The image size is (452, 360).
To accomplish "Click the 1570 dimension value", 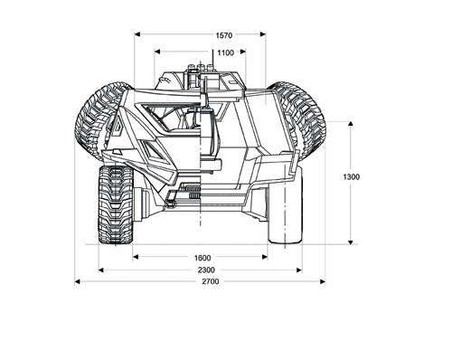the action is point(224,35).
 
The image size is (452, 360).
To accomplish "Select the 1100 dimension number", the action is point(225,52).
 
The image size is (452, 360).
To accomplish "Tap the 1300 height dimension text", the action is point(352,176).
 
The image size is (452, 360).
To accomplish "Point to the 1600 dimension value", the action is point(202,258).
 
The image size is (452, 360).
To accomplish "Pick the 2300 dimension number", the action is point(206,270).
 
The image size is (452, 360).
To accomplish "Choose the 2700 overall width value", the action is point(211,281).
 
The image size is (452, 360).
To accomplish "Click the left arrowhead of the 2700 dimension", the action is point(77,281).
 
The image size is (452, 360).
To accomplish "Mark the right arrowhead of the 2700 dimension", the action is point(323,281).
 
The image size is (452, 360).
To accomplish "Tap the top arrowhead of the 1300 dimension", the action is point(350,124).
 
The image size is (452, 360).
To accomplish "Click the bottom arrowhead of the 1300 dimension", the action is point(350,242).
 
